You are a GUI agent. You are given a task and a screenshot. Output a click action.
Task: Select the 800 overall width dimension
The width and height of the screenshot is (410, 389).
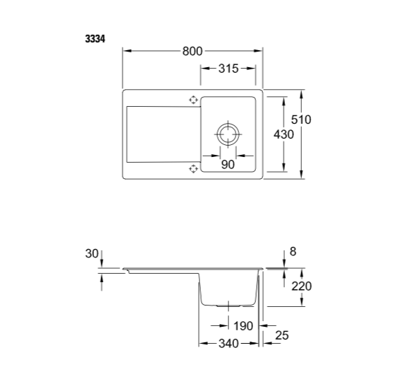coord(193,51)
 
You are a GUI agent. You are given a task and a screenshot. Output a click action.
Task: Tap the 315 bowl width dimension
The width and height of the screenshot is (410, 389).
coord(228,69)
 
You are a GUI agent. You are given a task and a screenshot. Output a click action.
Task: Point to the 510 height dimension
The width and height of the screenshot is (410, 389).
coord(301,120)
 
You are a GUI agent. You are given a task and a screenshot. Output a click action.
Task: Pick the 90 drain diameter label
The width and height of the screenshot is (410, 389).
coord(228,165)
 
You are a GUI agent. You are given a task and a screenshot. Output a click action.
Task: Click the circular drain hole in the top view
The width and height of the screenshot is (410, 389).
coord(228,134)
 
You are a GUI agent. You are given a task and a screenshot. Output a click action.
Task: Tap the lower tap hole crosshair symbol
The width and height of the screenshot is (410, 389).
coord(192,168)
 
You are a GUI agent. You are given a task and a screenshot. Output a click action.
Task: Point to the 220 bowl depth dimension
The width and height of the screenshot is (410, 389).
coord(301,286)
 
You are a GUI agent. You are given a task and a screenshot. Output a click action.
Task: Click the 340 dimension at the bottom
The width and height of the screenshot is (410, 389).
coord(228,344)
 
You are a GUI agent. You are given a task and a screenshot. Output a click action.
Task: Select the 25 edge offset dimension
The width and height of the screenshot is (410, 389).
coord(282,335)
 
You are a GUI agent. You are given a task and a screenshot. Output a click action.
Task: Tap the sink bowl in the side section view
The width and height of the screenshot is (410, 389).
coord(228,288)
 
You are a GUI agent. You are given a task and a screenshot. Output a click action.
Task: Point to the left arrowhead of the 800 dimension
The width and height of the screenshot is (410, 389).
coord(127,51)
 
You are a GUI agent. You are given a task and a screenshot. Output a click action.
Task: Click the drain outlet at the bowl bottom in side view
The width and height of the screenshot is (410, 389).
coord(228,306)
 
